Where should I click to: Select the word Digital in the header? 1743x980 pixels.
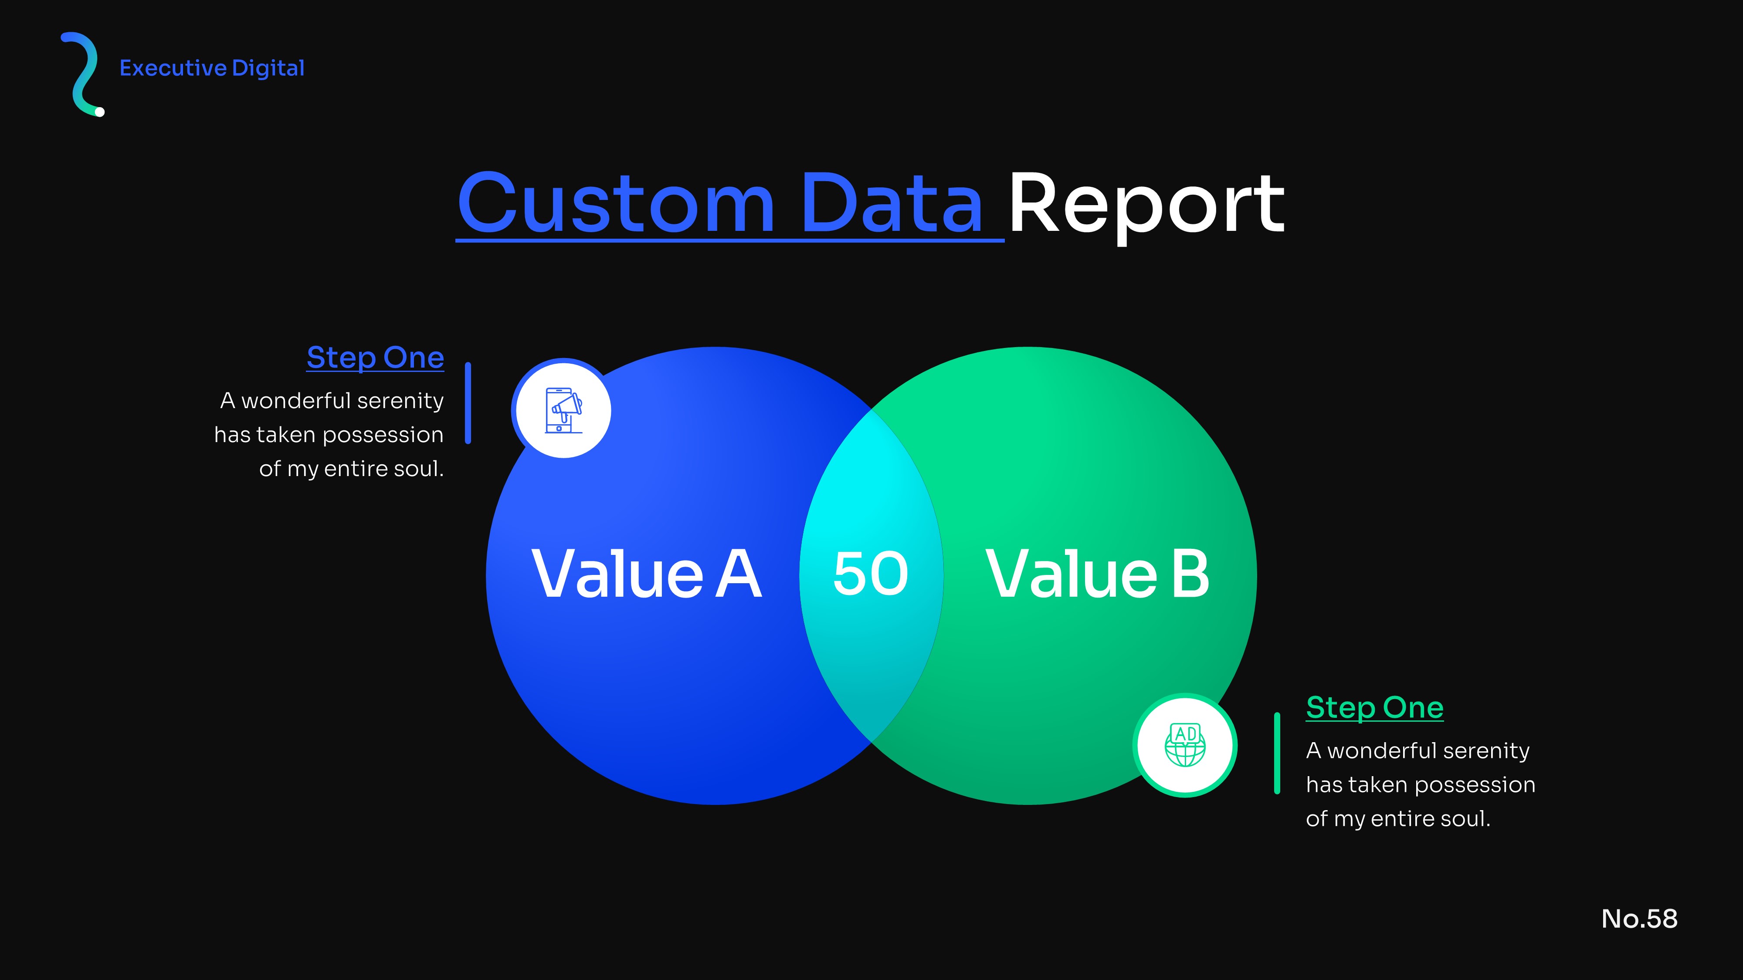pyautogui.click(x=268, y=68)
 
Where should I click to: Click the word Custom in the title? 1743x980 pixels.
pyautogui.click(x=616, y=203)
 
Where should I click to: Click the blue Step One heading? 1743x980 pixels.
pyautogui.click(x=376, y=358)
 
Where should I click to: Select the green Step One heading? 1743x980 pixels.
pyautogui.click(x=1375, y=708)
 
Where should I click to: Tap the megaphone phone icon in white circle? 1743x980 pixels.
pyautogui.click(x=563, y=410)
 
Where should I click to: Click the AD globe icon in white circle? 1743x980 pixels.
pyautogui.click(x=1185, y=745)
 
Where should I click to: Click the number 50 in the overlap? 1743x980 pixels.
pyautogui.click(x=871, y=574)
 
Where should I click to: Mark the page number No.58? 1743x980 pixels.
pyautogui.click(x=1639, y=919)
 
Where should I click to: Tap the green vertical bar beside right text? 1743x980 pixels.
pyautogui.click(x=1277, y=753)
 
